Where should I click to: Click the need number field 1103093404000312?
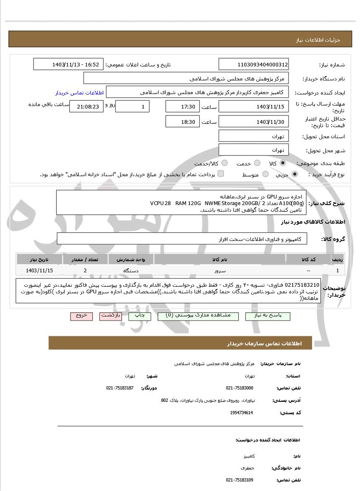click(x=253, y=64)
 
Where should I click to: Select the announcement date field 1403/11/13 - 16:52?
click(x=68, y=64)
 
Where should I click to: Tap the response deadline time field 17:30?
click(x=182, y=106)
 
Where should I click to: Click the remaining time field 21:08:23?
click(x=85, y=106)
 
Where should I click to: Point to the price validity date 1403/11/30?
click(x=253, y=122)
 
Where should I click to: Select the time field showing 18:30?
click(x=182, y=122)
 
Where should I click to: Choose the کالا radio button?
click(x=283, y=163)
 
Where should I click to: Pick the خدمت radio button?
click(x=257, y=163)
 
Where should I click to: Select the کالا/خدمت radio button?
click(x=225, y=163)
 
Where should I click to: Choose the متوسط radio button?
click(x=265, y=175)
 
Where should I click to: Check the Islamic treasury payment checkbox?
click(x=221, y=174)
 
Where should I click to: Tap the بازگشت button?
click(x=111, y=316)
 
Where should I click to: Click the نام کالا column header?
click(x=220, y=260)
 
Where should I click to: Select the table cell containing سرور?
click(x=220, y=271)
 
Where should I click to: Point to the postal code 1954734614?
click(x=242, y=413)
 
